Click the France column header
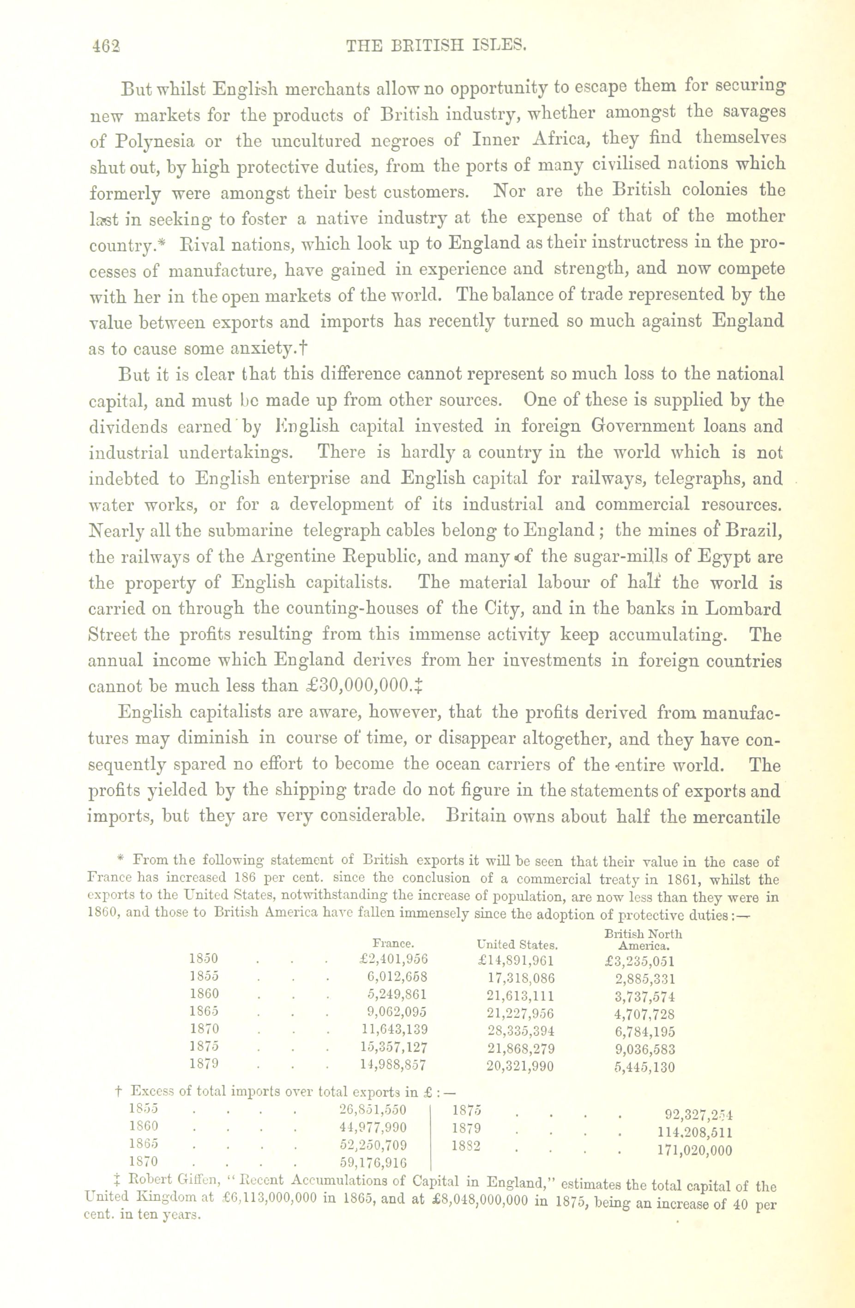pyautogui.click(x=393, y=943)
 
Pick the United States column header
pyautogui.click(x=518, y=945)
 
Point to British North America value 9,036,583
pyautogui.click(x=645, y=1049)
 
